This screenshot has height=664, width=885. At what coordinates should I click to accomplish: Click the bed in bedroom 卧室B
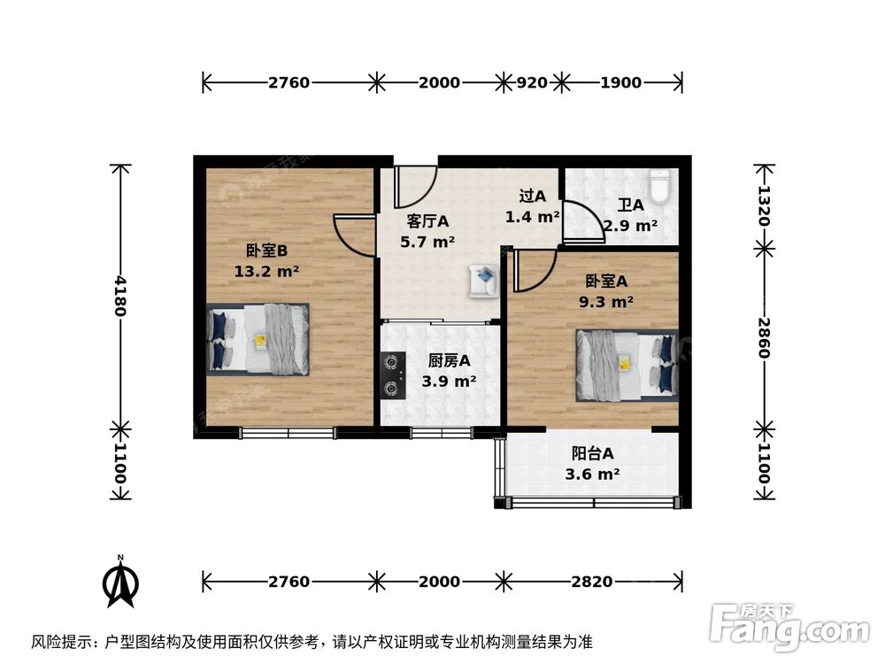coord(258,339)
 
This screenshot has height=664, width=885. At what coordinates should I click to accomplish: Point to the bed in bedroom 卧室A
coord(627,363)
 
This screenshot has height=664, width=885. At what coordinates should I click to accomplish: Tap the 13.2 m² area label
coord(265,272)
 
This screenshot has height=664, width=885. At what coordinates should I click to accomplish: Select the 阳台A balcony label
coord(592,454)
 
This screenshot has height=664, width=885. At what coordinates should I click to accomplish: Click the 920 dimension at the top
coord(531,83)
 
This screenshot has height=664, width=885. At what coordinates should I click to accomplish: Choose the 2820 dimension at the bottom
coord(591,582)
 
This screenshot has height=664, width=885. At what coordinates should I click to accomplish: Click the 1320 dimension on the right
coord(765,206)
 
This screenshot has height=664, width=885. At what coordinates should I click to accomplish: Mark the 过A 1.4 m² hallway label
coord(532,206)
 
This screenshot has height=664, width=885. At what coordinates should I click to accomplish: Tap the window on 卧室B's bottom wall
coord(288,433)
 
